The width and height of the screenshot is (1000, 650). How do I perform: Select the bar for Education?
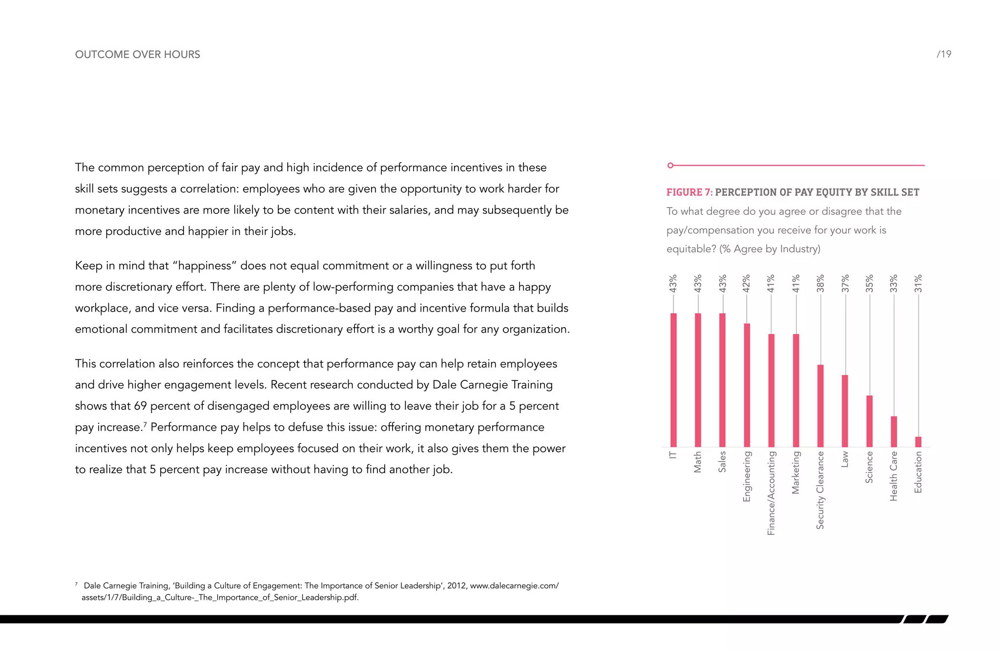pyautogui.click(x=918, y=442)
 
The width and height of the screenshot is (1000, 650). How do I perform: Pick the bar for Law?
pyautogui.click(x=845, y=411)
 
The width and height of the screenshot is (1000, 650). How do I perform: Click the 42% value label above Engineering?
pyautogui.click(x=747, y=284)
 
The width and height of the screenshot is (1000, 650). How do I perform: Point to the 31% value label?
pyautogui.click(x=918, y=284)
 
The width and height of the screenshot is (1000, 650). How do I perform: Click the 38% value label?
pyautogui.click(x=820, y=284)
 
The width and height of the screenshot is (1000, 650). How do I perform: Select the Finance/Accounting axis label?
pyautogui.click(x=771, y=493)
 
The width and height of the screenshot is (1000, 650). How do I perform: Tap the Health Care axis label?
pyautogui.click(x=894, y=476)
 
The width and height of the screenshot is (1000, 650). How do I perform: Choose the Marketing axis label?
pyautogui.click(x=796, y=472)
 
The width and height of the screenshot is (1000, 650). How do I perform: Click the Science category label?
pyautogui.click(x=869, y=467)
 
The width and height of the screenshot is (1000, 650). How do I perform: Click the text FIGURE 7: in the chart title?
pyautogui.click(x=689, y=192)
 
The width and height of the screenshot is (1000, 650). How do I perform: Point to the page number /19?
pyautogui.click(x=944, y=54)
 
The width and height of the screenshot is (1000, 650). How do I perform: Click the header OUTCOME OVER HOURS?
pyautogui.click(x=137, y=54)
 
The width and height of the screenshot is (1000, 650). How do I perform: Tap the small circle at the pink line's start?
pyautogui.click(x=670, y=166)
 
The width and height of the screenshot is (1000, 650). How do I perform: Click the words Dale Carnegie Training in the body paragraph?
pyautogui.click(x=492, y=385)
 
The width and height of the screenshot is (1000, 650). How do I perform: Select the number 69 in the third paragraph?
pyautogui.click(x=140, y=406)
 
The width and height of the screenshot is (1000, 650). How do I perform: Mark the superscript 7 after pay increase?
pyautogui.click(x=145, y=424)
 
